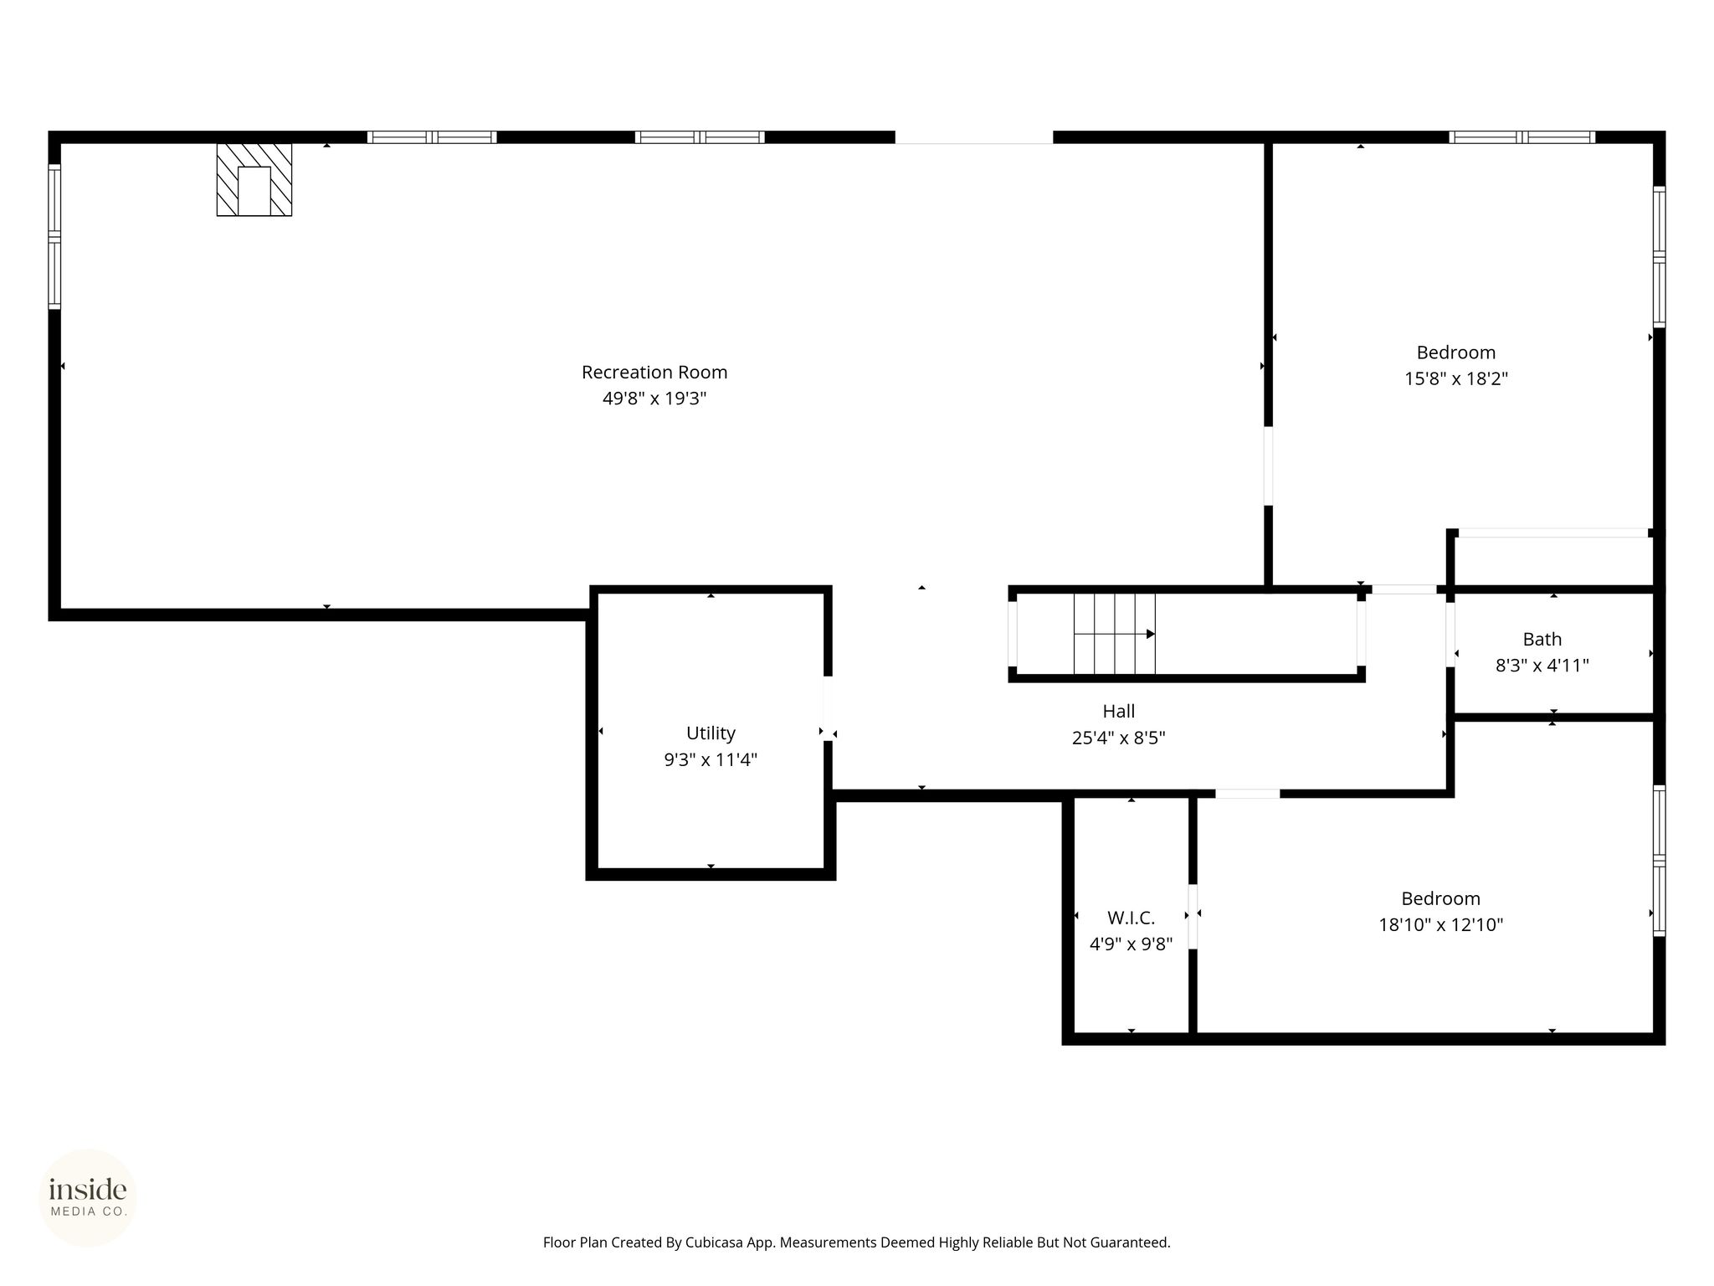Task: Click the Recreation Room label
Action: (654, 372)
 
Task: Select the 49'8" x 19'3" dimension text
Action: (654, 399)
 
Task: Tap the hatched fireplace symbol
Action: (254, 180)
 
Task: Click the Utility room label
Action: (711, 733)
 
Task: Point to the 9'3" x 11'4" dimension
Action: (711, 759)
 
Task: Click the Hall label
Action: (1119, 712)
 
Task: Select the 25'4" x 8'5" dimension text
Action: (1119, 738)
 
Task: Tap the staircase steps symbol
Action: (1115, 634)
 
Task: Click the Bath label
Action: (1542, 640)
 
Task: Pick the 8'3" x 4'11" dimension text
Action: (1542, 666)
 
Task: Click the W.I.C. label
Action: (1132, 918)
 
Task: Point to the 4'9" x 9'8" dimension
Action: (1132, 944)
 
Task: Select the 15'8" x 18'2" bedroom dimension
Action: (1456, 378)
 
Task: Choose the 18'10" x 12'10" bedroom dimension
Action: (1441, 925)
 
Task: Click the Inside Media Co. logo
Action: (88, 1197)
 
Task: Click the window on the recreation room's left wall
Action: (54, 236)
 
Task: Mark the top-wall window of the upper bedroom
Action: (1522, 137)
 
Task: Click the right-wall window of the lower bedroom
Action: (1659, 860)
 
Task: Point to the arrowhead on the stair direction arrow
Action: (1151, 634)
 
